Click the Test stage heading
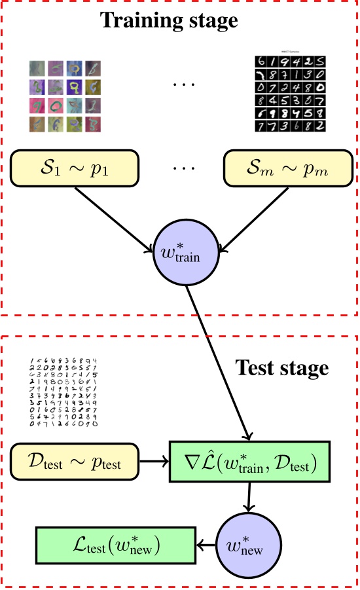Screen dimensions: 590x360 click(281, 368)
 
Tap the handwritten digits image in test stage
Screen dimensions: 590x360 click(63, 392)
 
